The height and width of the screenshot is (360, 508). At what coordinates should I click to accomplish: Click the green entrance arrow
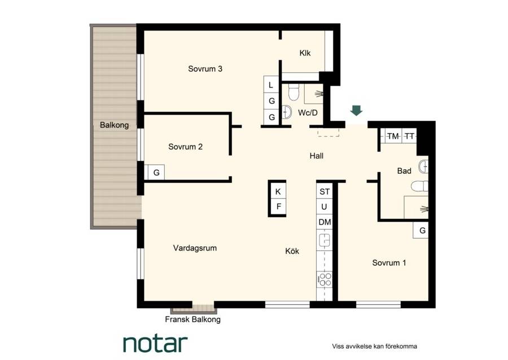pos(356,111)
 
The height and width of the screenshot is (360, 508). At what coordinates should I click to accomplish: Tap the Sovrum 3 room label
pos(205,69)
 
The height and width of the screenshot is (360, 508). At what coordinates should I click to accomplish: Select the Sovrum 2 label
pos(185,147)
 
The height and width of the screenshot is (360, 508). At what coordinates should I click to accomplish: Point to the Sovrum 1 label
pos(389,262)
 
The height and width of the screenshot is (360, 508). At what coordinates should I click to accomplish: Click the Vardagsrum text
pos(195,248)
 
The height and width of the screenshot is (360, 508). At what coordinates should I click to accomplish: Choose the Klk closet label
pos(305,53)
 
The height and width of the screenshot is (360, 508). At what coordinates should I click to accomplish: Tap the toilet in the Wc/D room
pos(294,92)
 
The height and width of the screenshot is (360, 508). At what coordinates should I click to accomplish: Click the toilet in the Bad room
pos(419,186)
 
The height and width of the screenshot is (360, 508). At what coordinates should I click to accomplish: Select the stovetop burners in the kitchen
pos(325,279)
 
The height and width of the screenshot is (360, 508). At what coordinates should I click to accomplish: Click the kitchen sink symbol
pos(325,240)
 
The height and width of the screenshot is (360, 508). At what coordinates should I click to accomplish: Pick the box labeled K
pos(278,191)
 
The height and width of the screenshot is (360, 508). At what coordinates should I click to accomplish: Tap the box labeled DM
pos(325,222)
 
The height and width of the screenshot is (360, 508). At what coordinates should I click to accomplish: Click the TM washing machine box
pos(393,137)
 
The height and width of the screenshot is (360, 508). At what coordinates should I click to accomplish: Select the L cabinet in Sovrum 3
pos(271,85)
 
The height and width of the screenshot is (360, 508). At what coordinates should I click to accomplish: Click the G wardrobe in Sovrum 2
pos(156,173)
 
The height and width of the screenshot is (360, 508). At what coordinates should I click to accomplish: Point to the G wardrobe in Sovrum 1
pos(422,231)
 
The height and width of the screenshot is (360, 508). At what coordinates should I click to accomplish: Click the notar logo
pos(155,344)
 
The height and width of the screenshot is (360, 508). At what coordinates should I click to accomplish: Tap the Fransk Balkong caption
pos(193,319)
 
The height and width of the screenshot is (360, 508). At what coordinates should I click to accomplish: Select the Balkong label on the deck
pos(114,125)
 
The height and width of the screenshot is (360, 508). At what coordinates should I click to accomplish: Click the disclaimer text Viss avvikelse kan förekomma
pos(374,346)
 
